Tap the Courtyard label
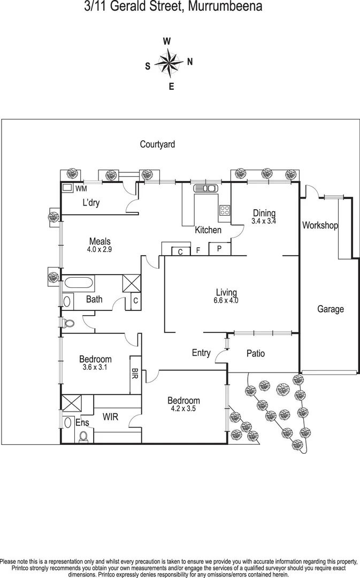click(157, 144)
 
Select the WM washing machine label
click(81, 188)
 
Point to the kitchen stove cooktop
click(225, 210)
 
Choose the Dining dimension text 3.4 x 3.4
click(264, 221)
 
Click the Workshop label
click(320, 225)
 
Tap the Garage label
click(331, 309)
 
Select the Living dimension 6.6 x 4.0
click(226, 300)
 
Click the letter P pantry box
click(219, 249)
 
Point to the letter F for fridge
click(197, 250)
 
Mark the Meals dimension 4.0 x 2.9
click(99, 249)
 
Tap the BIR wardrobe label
click(135, 372)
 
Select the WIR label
click(110, 416)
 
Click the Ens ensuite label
click(82, 423)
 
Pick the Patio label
click(256, 353)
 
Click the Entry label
click(201, 353)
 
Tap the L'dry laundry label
click(91, 203)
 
